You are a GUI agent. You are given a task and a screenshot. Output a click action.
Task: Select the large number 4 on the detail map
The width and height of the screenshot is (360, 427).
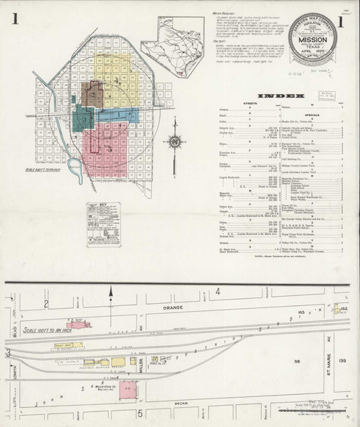(x=220, y=292)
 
